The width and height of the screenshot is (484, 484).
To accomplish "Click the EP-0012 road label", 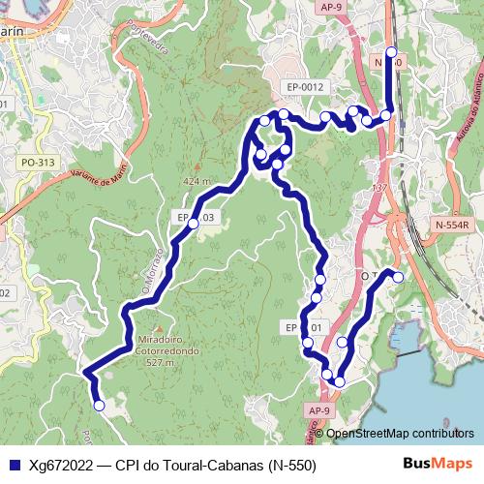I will click(305, 87).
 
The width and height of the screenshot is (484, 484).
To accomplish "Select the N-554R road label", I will click(451, 225).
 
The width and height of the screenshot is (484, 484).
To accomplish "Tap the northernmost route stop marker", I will click(391, 52).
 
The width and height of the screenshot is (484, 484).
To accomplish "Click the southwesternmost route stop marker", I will click(99, 407).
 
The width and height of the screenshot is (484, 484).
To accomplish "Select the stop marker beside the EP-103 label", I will click(193, 224).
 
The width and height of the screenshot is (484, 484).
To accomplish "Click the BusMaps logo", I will click(437, 464).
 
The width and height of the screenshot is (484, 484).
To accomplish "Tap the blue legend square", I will click(15, 465).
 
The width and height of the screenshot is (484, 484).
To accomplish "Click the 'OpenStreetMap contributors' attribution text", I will click(400, 434).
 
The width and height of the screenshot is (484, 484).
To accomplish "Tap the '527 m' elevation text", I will click(159, 363).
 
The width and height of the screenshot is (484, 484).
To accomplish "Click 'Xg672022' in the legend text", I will click(62, 465).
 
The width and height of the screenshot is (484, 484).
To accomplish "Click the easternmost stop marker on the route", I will click(397, 278).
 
